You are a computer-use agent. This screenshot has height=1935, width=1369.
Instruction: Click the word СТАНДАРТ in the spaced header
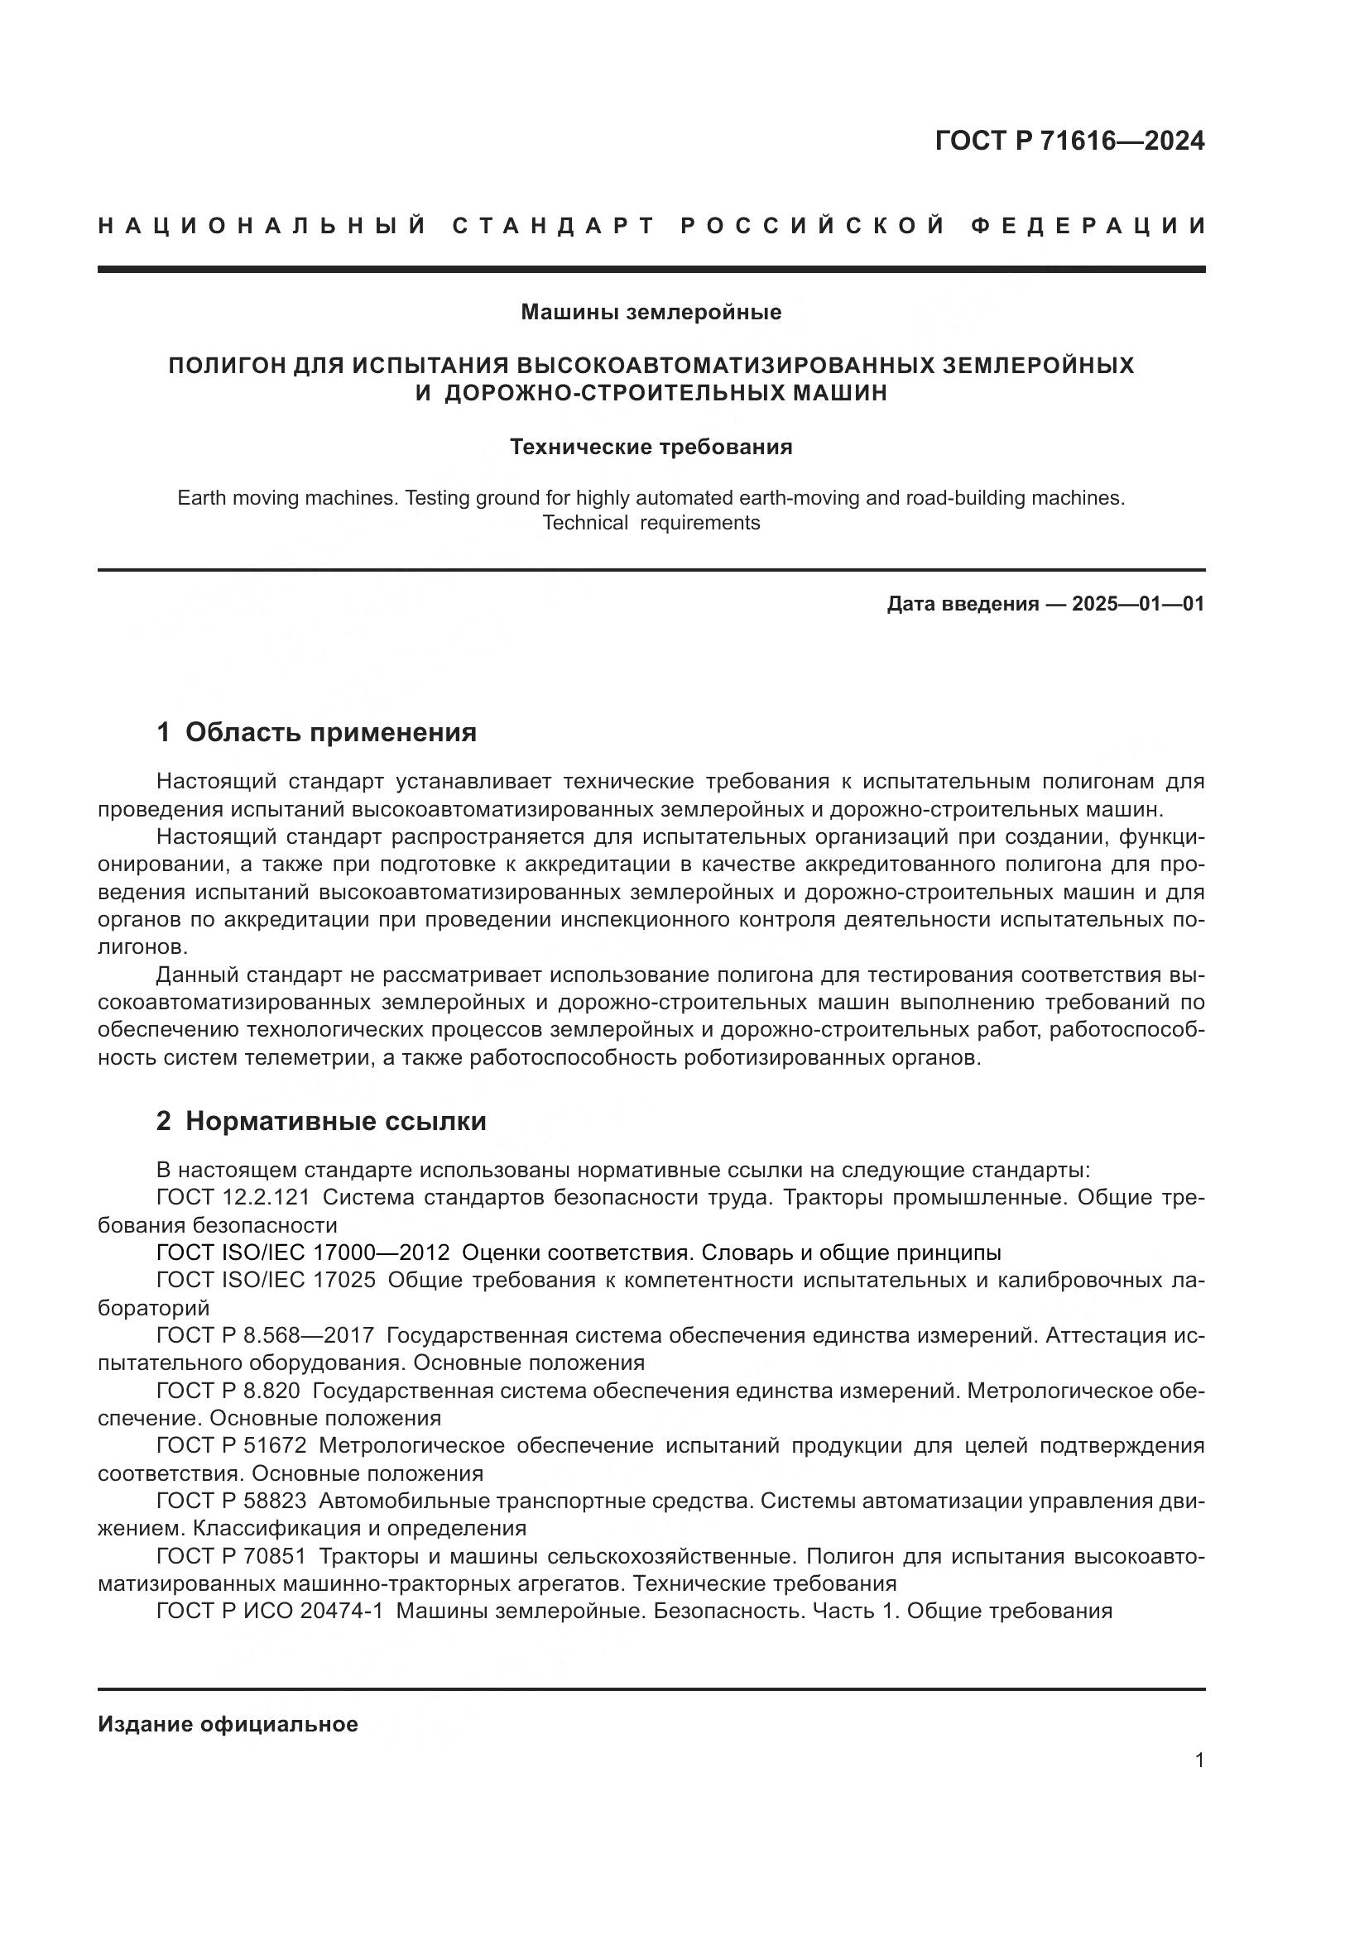pos(553,226)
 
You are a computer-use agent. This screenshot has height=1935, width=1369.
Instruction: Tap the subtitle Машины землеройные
pos(651,312)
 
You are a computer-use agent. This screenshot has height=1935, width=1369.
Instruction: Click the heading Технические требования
pos(651,447)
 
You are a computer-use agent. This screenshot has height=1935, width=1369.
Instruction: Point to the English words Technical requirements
pos(651,523)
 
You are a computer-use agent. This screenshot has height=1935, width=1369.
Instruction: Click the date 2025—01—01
pos(1138,603)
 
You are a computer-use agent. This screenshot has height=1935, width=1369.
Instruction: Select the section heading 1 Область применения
pos(317,731)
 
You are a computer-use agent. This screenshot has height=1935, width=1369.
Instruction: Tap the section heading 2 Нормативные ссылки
pos(321,1121)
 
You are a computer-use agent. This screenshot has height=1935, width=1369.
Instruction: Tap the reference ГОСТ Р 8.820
pos(228,1391)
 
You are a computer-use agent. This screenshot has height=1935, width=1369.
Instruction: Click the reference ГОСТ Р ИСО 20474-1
pos(270,1611)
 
